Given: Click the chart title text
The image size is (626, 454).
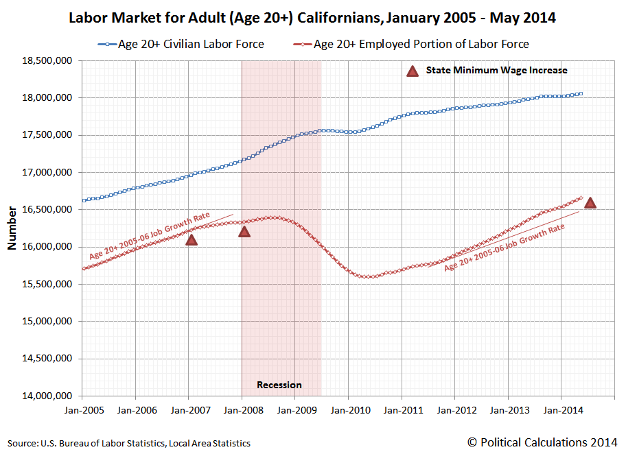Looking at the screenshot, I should (x=312, y=18).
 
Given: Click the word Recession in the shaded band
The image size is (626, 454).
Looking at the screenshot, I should (x=279, y=385).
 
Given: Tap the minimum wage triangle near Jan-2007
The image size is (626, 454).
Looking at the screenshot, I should (x=192, y=239).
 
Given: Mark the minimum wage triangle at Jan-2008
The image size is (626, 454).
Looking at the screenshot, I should (x=244, y=231).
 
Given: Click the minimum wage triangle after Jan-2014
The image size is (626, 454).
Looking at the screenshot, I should (x=590, y=202).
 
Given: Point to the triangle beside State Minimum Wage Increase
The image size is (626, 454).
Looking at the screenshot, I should (x=412, y=70).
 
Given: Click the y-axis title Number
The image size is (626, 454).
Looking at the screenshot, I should (x=12, y=228).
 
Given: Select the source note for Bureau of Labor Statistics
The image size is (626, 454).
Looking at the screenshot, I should (x=129, y=443).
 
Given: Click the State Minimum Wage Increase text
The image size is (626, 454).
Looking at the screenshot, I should (x=496, y=70).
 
